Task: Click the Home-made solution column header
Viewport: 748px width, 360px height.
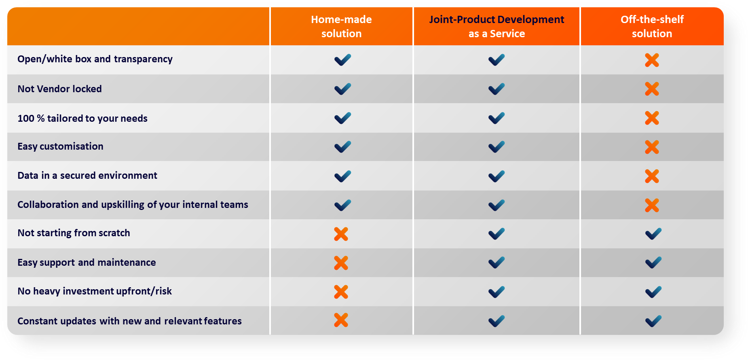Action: tap(341, 26)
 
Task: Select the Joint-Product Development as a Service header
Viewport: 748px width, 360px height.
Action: tap(497, 26)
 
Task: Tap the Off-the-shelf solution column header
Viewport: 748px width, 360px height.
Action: tap(652, 26)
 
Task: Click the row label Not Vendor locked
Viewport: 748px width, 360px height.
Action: tap(59, 89)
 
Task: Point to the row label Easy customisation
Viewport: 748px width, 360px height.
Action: tap(60, 146)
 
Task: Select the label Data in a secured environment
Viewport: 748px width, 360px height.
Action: tap(87, 176)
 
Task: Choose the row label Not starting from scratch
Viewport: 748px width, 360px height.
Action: tap(74, 233)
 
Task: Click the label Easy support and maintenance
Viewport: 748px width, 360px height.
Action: tap(87, 263)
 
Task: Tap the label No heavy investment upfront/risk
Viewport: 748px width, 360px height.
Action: tap(95, 291)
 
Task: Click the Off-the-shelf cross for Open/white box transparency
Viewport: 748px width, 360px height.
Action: tap(652, 60)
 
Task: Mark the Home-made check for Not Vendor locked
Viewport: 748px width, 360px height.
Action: tap(342, 89)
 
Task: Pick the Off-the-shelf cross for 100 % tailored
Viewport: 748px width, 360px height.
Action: tap(652, 118)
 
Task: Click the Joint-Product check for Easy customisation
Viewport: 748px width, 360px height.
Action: tap(497, 147)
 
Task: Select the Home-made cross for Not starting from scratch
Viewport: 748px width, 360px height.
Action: tap(341, 234)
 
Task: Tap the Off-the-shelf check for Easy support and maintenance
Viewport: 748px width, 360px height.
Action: tap(653, 263)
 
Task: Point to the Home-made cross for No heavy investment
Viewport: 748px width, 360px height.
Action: tap(341, 292)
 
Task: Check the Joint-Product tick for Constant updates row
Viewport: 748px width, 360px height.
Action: tap(497, 321)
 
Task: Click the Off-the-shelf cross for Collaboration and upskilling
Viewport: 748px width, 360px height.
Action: tap(652, 205)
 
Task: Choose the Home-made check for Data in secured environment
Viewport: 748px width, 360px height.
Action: tap(342, 176)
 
